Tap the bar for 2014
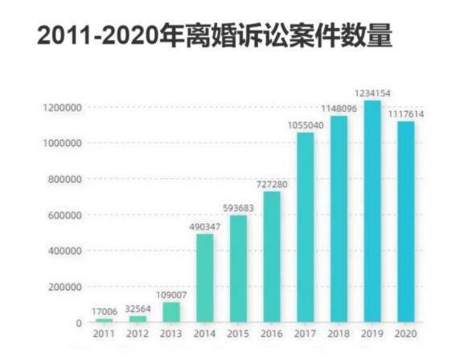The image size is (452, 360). [205, 278]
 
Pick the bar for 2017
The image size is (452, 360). [306, 227]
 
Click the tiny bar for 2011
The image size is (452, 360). [105, 320]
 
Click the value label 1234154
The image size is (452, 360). [372, 93]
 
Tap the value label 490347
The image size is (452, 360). [205, 227]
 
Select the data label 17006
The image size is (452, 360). [105, 311]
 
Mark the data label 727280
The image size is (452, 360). [272, 184]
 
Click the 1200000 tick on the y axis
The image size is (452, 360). [61, 107]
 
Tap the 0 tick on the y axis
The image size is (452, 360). [80, 322]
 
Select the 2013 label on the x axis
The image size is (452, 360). [171, 334]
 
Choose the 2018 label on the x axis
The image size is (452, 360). [339, 334]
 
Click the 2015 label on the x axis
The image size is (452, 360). [238, 334]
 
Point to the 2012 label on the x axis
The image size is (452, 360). [138, 334]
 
